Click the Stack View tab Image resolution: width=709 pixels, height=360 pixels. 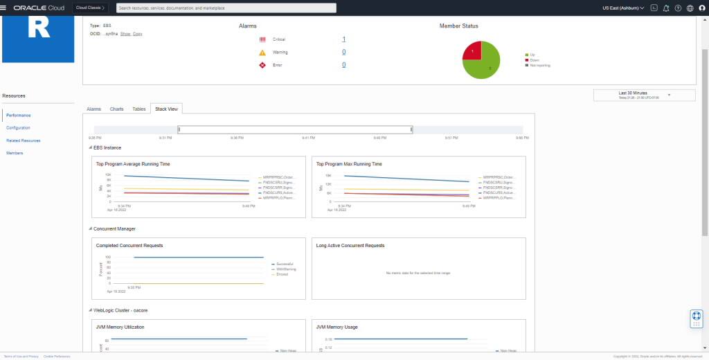[166, 109]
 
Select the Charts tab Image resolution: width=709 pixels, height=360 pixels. [116, 109]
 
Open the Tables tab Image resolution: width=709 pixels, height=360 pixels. [138, 109]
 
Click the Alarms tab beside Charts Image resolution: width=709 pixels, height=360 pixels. [93, 109]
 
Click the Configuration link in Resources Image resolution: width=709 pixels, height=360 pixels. [18, 128]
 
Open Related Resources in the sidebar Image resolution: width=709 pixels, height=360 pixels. [24, 141]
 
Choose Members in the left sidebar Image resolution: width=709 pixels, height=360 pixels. [15, 153]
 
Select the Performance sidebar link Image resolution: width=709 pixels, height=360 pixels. [19, 115]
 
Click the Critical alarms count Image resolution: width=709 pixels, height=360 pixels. [344, 39]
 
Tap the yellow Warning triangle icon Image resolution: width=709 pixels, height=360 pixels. [262, 52]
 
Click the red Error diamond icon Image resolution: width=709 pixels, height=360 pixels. [262, 65]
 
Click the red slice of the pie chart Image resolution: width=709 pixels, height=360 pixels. [472, 51]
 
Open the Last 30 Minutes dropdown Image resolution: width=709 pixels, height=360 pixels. [644, 95]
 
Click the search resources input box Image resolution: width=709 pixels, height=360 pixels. [226, 8]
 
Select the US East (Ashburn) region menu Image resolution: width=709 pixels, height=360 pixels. [623, 8]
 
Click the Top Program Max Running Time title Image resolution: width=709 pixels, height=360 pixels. [349, 164]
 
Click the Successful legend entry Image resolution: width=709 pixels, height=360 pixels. [284, 264]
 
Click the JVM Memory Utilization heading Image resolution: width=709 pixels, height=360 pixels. [120, 327]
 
